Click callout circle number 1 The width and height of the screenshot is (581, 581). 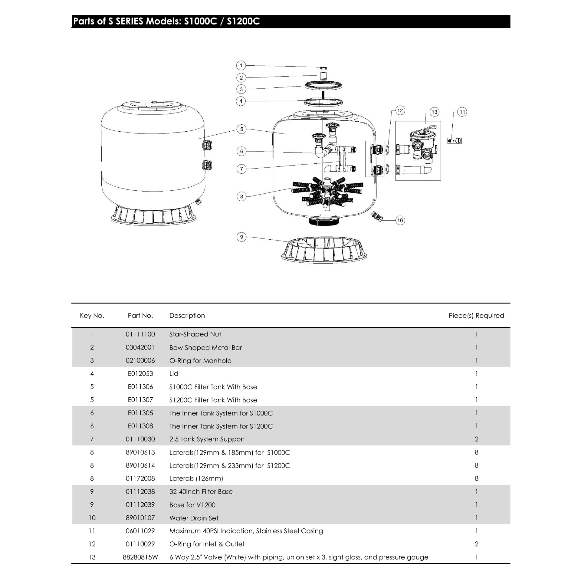[x=241, y=65]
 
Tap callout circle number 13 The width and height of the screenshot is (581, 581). [x=434, y=112]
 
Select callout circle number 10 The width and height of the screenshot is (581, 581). [x=400, y=220]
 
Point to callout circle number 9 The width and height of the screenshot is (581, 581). [x=241, y=237]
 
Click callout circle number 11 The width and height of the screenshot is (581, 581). [x=462, y=112]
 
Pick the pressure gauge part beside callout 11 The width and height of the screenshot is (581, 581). [x=455, y=140]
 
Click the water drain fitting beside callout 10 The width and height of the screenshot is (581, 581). [x=377, y=216]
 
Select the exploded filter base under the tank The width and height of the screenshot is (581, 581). [x=324, y=250]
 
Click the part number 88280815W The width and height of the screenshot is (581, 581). [x=140, y=557]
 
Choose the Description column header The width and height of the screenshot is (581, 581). [x=187, y=316]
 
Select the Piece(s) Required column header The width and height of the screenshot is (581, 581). [x=476, y=316]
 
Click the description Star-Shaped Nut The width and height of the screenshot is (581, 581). [x=195, y=334]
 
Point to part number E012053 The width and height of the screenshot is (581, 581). [x=140, y=373]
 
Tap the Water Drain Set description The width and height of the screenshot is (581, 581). [x=194, y=518]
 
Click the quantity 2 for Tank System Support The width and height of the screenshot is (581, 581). [x=477, y=439]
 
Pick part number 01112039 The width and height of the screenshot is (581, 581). [x=140, y=505]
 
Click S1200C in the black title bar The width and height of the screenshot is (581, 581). [x=243, y=21]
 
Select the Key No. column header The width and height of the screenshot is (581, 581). [x=92, y=316]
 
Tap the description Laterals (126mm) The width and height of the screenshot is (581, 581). [x=196, y=478]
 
